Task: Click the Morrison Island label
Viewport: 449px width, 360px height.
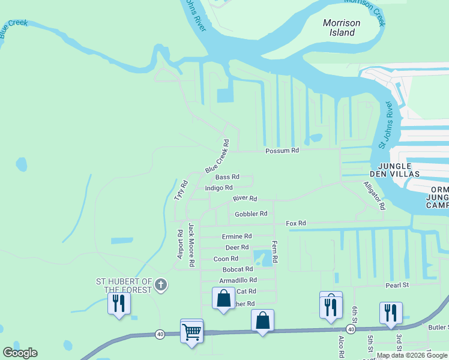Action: pos(342,28)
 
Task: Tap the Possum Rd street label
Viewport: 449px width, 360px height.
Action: pos(282,151)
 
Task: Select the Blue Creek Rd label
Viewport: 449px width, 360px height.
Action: pos(217,157)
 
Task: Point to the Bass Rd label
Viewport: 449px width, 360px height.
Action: pos(227,177)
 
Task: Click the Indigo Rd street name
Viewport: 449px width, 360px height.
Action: pos(218,188)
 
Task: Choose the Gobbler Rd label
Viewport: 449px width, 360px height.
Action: pos(251,214)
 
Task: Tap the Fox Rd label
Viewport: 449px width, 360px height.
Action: pos(296,223)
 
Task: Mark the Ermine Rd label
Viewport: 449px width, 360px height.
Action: pos(237,236)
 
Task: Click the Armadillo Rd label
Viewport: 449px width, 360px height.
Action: pos(238,280)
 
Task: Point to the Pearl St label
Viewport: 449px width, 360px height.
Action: pos(397,284)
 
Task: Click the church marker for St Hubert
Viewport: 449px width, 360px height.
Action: pos(160,285)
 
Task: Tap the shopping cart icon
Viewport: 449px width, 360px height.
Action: pos(191,331)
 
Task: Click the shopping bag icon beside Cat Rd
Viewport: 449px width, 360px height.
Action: pos(223,298)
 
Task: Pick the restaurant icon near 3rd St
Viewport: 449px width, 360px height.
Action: pos(390,313)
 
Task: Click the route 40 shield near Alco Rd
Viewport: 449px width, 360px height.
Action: pos(351,329)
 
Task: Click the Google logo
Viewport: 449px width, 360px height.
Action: pos(20,353)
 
